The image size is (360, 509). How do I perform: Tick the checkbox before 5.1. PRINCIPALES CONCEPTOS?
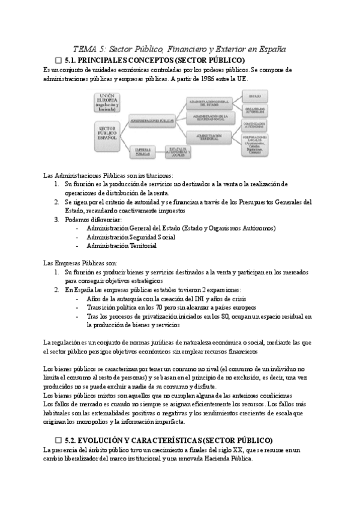click(58, 61)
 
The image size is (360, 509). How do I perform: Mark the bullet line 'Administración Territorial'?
click(121, 245)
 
